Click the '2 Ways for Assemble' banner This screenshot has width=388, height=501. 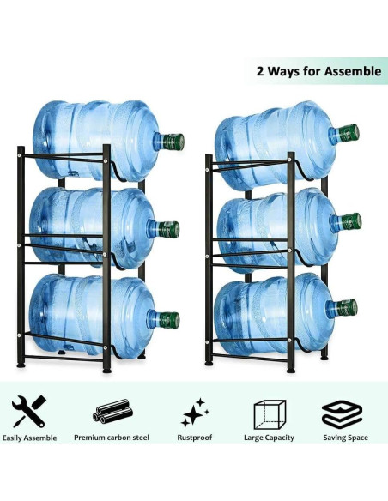(x=318, y=71)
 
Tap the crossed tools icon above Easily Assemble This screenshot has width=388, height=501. (x=28, y=413)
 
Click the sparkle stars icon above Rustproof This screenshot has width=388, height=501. (x=195, y=413)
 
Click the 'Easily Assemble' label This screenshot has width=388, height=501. (x=29, y=438)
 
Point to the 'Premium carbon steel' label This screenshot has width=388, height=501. (x=112, y=438)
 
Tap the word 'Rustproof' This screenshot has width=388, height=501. (x=196, y=438)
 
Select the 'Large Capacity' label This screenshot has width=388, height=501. (x=270, y=438)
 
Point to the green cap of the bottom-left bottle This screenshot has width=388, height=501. (x=169, y=320)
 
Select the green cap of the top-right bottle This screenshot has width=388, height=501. (x=347, y=133)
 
